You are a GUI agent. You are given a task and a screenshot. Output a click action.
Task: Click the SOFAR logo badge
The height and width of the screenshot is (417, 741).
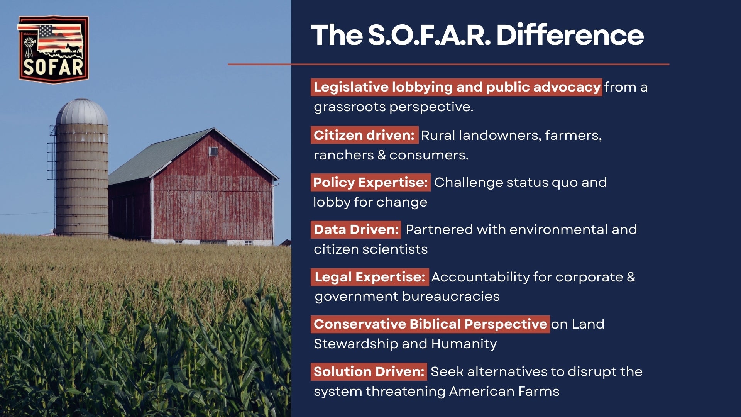53,49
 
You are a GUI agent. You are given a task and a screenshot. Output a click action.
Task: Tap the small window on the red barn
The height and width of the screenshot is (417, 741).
213,151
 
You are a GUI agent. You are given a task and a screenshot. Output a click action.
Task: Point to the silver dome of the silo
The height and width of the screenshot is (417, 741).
82,112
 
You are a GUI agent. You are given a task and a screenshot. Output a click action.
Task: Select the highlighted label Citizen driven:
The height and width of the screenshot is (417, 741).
364,135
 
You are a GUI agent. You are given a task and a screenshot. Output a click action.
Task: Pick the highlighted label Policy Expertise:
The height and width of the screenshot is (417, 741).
370,182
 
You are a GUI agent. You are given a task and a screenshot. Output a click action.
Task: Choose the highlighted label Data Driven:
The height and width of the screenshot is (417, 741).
356,229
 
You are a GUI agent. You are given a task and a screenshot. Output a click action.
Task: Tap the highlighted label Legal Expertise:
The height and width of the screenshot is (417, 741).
370,277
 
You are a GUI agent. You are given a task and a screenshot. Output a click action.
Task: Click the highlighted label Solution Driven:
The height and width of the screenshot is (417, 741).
369,371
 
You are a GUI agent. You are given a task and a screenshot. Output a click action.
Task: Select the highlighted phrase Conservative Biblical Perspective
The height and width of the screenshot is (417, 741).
430,324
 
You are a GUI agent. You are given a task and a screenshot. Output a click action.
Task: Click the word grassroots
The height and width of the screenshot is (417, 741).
350,107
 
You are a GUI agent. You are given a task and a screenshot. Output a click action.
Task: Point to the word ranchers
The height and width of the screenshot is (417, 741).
344,155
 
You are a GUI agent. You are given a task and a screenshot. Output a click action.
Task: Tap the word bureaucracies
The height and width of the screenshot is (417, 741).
451,297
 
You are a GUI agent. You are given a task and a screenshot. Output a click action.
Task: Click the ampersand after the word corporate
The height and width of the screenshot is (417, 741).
631,277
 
